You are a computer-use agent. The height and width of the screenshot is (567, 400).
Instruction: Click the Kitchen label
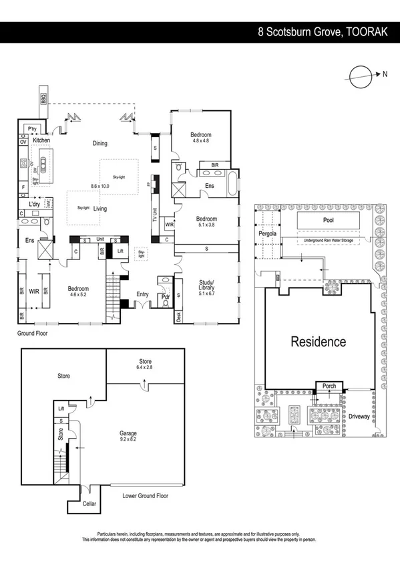coord(41,140)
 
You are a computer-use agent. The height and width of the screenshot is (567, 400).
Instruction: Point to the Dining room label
coord(99,143)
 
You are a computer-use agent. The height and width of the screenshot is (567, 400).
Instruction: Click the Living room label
coord(100,209)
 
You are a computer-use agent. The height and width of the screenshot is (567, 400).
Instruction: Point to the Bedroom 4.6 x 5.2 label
coord(79,292)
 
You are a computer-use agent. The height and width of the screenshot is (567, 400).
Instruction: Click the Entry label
coord(143,293)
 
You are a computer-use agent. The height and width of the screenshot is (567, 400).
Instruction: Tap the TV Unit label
coord(154,213)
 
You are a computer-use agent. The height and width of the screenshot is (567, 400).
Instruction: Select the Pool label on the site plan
coord(328,220)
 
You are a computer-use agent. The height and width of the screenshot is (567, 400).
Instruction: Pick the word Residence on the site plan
coord(318,342)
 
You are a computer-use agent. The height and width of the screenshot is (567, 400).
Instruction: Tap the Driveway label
coord(358,416)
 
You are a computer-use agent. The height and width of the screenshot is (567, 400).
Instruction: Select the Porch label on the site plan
coord(329,386)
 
